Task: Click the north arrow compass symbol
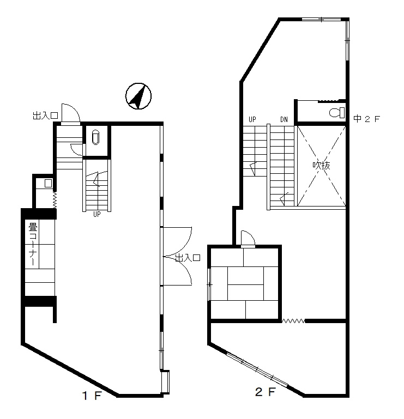[138, 96]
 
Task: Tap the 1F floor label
[92, 396]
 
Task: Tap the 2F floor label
[265, 392]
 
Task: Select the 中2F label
[366, 119]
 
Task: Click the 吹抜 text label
[321, 166]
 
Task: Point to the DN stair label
[284, 119]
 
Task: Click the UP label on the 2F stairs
[252, 119]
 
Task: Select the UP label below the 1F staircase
[97, 214]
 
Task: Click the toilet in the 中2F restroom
[337, 112]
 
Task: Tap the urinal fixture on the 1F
[96, 137]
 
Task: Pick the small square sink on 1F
[48, 183]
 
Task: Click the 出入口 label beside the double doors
[188, 258]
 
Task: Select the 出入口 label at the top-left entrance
[45, 116]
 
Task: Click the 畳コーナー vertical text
[33, 244]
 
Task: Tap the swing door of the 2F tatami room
[248, 239]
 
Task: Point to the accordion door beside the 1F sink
[55, 200]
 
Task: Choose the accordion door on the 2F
[293, 321]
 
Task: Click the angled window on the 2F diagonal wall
[257, 369]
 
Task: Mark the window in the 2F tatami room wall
[209, 284]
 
